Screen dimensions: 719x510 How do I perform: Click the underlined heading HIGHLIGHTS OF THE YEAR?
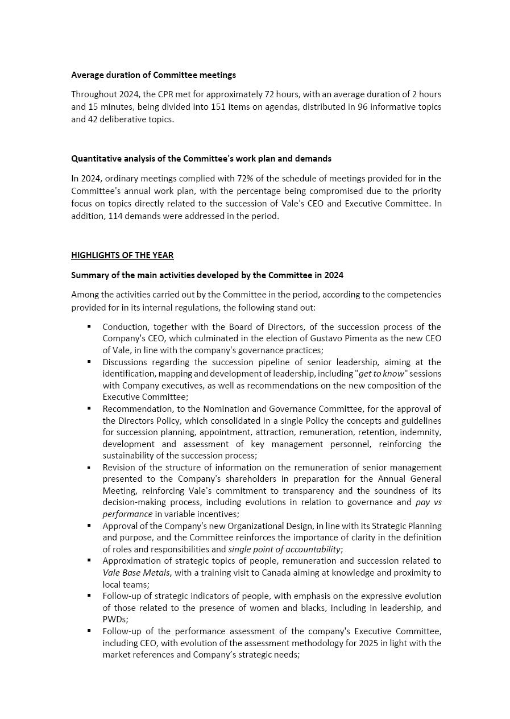122,255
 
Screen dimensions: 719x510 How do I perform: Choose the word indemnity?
421,432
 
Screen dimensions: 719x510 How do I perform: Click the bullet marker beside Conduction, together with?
89,326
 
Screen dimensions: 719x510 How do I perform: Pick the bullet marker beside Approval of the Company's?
89,525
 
